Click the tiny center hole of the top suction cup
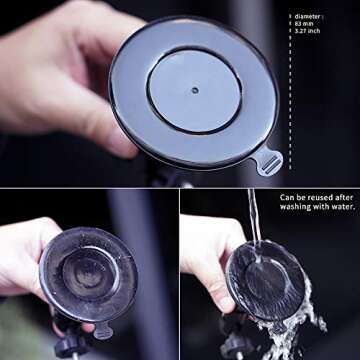click(x=194, y=89)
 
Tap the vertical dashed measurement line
click(x=290, y=100)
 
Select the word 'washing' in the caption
click(x=297, y=208)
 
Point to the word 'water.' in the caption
click(x=339, y=208)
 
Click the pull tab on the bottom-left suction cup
click(x=102, y=330)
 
